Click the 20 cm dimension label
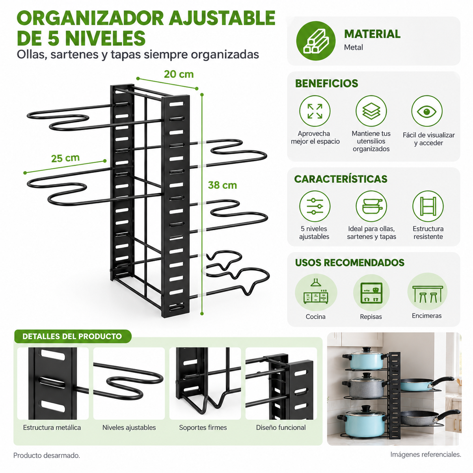point(179,74)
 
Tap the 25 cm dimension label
point(65,158)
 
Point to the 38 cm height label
point(222,185)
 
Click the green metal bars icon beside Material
point(316,41)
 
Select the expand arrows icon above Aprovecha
point(315,111)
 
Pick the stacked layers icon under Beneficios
point(371,111)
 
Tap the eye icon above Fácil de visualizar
point(427,111)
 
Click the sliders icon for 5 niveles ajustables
point(315,206)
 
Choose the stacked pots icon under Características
point(371,206)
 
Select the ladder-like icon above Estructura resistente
point(428,206)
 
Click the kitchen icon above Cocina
point(316,292)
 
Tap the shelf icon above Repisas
point(371,292)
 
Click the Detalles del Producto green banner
point(73,336)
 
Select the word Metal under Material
point(353,47)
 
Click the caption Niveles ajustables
point(129,427)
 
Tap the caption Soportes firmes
point(203,427)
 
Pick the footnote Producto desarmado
point(47,455)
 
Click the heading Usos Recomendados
point(350,263)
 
